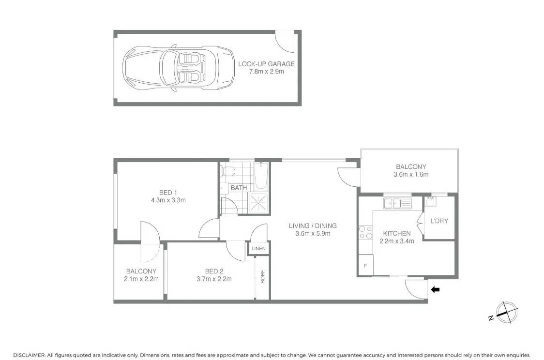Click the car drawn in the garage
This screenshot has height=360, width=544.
tap(178, 68)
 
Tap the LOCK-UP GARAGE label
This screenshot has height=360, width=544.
tap(266, 64)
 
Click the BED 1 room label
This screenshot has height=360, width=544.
tap(168, 193)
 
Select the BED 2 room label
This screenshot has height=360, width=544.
tap(214, 271)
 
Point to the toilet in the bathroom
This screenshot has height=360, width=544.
tap(228, 171)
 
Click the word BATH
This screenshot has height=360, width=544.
tap(239, 188)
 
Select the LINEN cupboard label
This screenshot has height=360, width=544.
tap(258, 248)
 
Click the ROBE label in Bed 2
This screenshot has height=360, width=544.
tap(263, 276)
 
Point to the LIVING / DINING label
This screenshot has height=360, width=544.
tap(313, 226)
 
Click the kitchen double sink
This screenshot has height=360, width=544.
tap(397, 203)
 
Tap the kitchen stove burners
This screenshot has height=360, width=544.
tap(365, 232)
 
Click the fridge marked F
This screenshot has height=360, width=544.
tap(365, 266)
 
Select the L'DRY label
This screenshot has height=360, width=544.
tap(439, 221)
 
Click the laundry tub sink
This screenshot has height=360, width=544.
tap(431, 201)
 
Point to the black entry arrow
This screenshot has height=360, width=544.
tap(435, 289)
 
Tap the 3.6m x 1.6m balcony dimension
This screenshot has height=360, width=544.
tap(411, 175)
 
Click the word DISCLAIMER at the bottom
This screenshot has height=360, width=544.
tap(29, 355)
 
